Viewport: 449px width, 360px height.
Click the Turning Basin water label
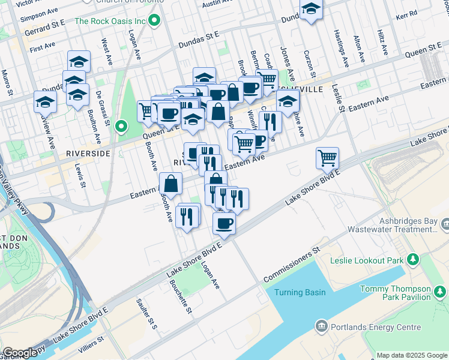click(x=300, y=292)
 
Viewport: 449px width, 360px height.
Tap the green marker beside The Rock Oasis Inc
click(x=154, y=22)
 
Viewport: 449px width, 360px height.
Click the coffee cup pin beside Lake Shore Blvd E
click(x=224, y=224)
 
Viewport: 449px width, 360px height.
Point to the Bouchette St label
click(x=180, y=297)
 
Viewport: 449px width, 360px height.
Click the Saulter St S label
click(x=146, y=314)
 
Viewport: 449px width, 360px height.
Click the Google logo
click(x=20, y=353)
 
